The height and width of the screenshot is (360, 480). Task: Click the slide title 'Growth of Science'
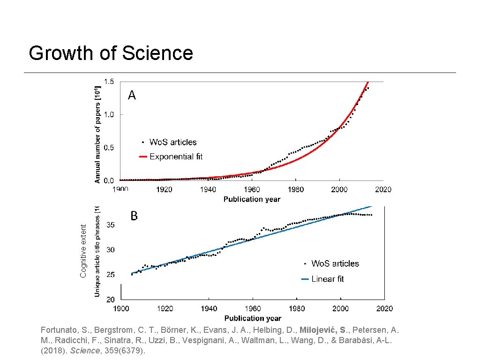click(x=111, y=53)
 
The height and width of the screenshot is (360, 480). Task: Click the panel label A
click(x=132, y=96)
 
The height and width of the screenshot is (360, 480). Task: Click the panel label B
click(x=134, y=216)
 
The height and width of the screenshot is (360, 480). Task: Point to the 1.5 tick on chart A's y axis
click(x=109, y=82)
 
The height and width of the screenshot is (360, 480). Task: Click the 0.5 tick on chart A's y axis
click(x=109, y=148)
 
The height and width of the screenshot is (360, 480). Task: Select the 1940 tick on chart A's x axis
click(x=208, y=189)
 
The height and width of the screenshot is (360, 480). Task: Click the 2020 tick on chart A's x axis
click(x=383, y=189)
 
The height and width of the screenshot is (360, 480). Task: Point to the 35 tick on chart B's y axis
click(x=110, y=225)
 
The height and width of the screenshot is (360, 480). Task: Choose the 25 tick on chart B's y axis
click(x=110, y=275)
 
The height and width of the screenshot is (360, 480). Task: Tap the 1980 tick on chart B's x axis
click(x=297, y=308)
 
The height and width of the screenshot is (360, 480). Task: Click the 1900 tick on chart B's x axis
click(x=121, y=308)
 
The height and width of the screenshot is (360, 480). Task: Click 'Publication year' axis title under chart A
click(x=252, y=199)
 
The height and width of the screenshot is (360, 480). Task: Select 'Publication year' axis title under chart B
click(x=253, y=319)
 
